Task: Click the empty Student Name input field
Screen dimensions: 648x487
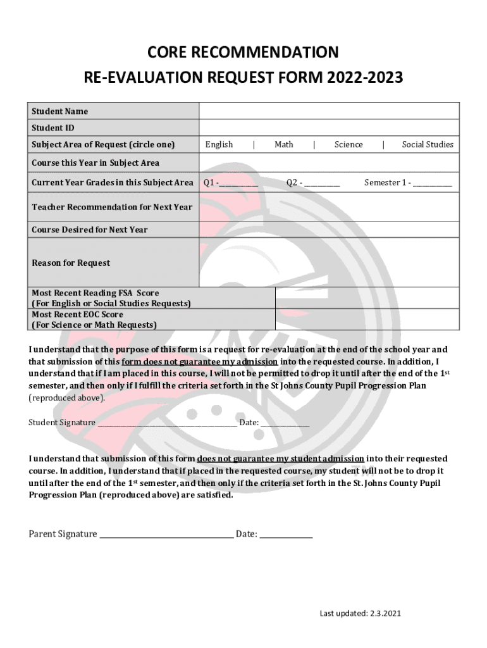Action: point(329,111)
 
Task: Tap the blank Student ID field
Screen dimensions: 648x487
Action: point(329,128)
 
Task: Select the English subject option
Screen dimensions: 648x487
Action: point(219,144)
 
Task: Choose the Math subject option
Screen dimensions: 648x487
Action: point(284,144)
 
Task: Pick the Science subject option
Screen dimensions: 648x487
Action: point(348,144)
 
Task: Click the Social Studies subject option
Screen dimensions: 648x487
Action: point(428,144)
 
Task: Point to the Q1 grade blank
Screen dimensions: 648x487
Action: point(239,184)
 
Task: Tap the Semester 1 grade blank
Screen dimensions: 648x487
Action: point(433,184)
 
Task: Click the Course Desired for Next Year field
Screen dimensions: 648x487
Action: point(329,229)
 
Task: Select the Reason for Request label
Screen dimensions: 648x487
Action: point(71,263)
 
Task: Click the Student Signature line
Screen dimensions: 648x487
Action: point(167,423)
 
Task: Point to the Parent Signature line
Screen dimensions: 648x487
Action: point(166,535)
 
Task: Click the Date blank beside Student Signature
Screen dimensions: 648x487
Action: point(285,423)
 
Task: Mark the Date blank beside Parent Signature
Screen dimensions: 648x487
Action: point(287,535)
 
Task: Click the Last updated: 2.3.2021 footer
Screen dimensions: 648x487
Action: point(360,613)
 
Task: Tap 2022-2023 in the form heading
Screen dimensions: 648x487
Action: point(365,78)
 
